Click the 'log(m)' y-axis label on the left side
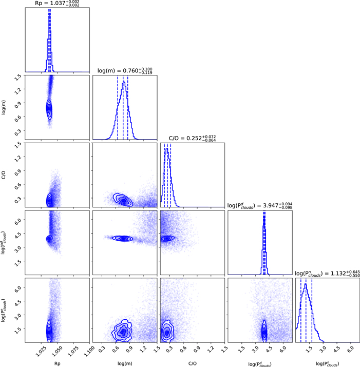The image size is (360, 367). (x=5, y=107)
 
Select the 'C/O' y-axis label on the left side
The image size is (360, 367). (x=5, y=175)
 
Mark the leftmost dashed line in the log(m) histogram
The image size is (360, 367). (x=118, y=108)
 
